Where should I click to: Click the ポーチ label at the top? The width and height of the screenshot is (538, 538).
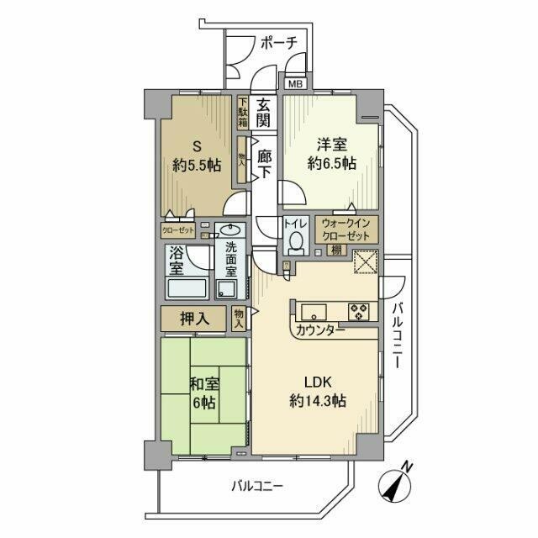[278, 44]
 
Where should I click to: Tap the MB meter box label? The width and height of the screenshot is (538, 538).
[295, 84]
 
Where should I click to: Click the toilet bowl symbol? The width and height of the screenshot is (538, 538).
[295, 243]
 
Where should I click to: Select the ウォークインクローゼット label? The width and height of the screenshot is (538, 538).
[347, 229]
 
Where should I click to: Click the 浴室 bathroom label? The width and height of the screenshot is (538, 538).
[176, 260]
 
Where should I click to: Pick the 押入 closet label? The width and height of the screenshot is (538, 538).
[193, 319]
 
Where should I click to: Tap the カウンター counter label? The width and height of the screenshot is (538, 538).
[320, 330]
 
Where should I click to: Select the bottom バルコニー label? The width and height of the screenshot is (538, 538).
[258, 486]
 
